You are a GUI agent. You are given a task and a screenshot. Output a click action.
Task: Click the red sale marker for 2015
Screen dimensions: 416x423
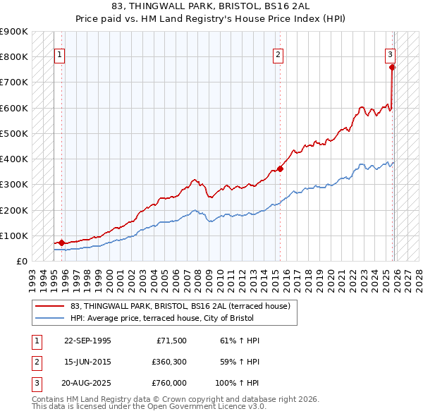pos(280,169)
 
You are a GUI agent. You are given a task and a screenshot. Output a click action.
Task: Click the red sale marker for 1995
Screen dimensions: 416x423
pos(61,243)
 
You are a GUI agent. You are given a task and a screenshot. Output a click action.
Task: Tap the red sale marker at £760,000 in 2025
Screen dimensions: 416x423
pos(392,67)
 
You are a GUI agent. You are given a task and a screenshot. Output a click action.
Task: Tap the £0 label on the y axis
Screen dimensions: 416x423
pos(21,261)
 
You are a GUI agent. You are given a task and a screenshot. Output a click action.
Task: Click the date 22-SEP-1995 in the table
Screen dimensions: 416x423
pos(87,341)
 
